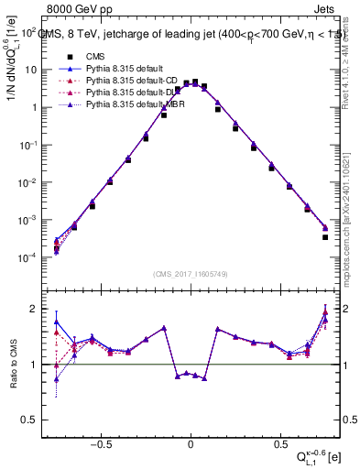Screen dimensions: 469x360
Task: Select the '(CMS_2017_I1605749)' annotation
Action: click(191, 275)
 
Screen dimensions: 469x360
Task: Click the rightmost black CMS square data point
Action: click(325, 237)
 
